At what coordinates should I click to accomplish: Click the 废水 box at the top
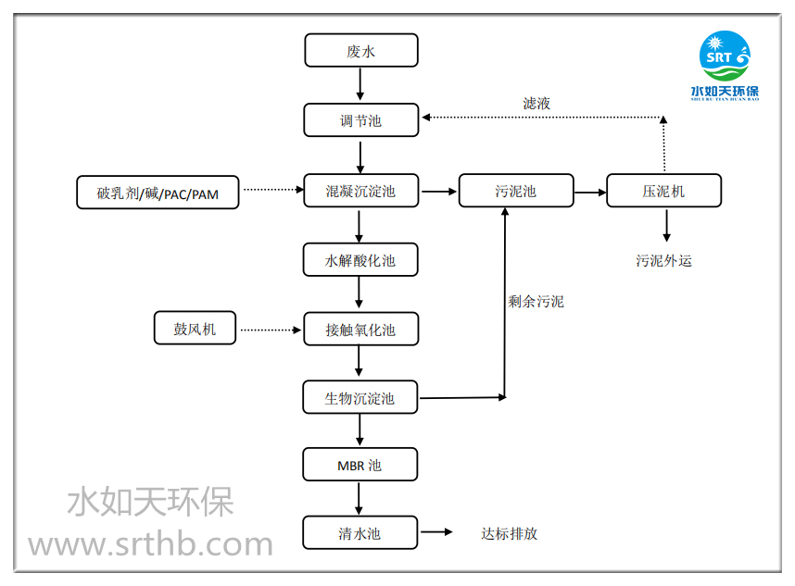click(360, 51)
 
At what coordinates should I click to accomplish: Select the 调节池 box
click(360, 120)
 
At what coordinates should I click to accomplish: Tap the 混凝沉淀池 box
click(360, 192)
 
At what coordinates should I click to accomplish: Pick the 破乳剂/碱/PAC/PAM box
click(158, 193)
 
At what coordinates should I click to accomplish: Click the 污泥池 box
click(515, 192)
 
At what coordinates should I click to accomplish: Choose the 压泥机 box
click(663, 192)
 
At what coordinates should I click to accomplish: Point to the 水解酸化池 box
click(360, 260)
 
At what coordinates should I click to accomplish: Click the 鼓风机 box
click(195, 328)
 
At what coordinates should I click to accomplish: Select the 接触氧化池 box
click(360, 330)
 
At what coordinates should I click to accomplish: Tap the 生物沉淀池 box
click(360, 398)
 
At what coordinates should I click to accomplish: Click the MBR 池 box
click(360, 465)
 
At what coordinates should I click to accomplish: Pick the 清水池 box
click(360, 533)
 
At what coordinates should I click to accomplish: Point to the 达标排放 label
click(509, 533)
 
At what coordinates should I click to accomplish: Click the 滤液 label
click(536, 104)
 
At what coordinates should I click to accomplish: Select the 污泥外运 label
click(663, 260)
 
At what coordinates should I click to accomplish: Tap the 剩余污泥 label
click(536, 301)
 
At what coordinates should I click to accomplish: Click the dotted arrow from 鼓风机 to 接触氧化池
click(271, 330)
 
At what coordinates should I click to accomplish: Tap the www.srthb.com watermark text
click(150, 544)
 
